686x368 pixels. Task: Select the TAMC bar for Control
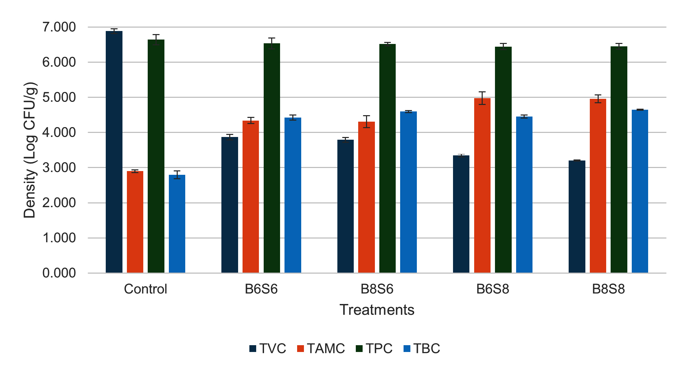coord(135,222)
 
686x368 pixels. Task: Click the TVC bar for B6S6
coord(230,205)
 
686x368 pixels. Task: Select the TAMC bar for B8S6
coord(366,197)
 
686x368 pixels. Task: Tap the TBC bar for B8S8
coord(640,191)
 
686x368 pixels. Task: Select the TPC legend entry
coord(374,349)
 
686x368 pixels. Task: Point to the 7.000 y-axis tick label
coord(59,27)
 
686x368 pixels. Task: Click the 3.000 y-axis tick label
coord(59,168)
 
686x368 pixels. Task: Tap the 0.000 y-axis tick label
coord(59,273)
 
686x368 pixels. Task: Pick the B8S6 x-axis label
coord(377,289)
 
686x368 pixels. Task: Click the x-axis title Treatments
coord(377,310)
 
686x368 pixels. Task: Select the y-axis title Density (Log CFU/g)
coord(30,150)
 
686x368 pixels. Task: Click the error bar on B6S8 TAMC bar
coord(482,98)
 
